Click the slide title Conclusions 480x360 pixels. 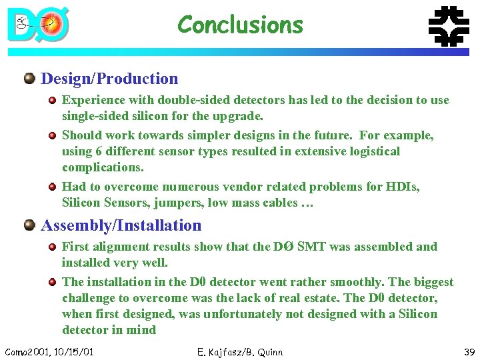tap(240, 25)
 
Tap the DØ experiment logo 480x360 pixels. tap(38, 25)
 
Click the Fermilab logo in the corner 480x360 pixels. tap(447, 25)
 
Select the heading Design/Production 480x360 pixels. tap(109, 79)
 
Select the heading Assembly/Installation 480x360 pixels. tap(121, 225)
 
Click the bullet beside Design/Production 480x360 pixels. tap(29, 79)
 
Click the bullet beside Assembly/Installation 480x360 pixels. tap(29, 225)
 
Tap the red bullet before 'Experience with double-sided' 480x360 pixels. tap(52, 101)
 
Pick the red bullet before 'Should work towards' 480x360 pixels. tap(52, 135)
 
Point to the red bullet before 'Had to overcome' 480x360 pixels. tap(52, 187)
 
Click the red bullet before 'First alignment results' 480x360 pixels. tap(52, 247)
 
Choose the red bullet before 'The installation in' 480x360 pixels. tap(52, 282)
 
